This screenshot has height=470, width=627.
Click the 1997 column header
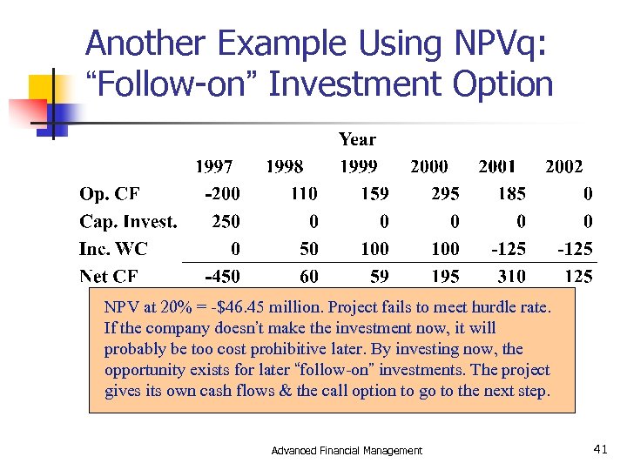click(x=214, y=166)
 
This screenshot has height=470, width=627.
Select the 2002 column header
click(x=563, y=166)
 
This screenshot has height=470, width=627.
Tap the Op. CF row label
click(x=111, y=193)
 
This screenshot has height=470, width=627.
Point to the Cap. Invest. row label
click(x=128, y=221)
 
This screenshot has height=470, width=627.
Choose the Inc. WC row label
click(x=113, y=249)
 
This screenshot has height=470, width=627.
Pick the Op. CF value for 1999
click(x=374, y=193)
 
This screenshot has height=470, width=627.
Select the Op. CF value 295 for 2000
click(x=445, y=193)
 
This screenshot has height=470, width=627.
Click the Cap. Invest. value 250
click(x=226, y=221)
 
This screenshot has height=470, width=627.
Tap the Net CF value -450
click(x=223, y=277)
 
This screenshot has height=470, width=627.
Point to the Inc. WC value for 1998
click(x=309, y=249)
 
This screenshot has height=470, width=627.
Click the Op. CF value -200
click(x=223, y=193)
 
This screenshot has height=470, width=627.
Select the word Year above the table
click(x=357, y=139)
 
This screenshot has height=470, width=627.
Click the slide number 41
click(x=600, y=449)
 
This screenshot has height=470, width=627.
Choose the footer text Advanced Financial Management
click(x=347, y=450)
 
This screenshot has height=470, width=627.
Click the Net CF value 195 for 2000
click(x=445, y=277)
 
